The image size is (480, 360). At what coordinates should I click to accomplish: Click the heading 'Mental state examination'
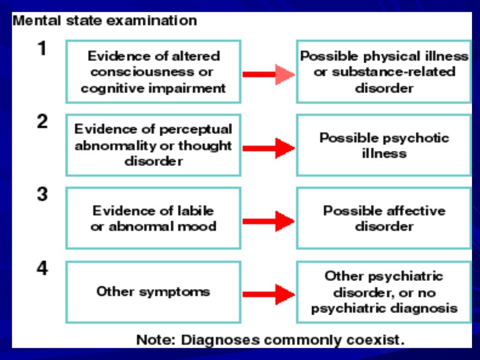pos(105,21)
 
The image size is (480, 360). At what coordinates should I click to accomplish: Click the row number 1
pos(43,49)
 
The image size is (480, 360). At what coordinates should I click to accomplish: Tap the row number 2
pos(43,122)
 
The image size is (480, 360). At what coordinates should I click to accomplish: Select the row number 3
pos(43,195)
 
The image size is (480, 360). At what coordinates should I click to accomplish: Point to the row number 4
pos(43,269)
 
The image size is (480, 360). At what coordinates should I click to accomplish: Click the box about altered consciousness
pos(153,72)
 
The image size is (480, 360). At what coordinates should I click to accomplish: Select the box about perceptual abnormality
pos(153,145)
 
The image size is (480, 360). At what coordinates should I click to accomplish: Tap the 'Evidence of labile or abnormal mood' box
pos(153,218)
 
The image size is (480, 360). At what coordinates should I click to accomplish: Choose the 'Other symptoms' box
pos(153,292)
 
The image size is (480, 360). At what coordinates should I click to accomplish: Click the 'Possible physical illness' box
pos(384,72)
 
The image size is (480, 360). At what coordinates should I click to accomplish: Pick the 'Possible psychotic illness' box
pos(384,145)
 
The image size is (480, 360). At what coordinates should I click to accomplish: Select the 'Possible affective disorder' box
pos(384,218)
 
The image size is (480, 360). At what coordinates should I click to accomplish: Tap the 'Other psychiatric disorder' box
pos(384,292)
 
